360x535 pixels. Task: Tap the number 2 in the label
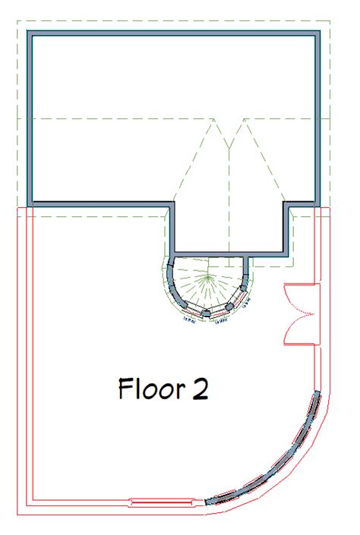[200, 390]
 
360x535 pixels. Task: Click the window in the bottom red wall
[160, 502]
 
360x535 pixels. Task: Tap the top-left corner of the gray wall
[29, 33]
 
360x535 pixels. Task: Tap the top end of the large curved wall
[317, 395]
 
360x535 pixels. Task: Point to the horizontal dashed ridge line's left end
[17, 119]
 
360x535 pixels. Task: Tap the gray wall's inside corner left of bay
[172, 204]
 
